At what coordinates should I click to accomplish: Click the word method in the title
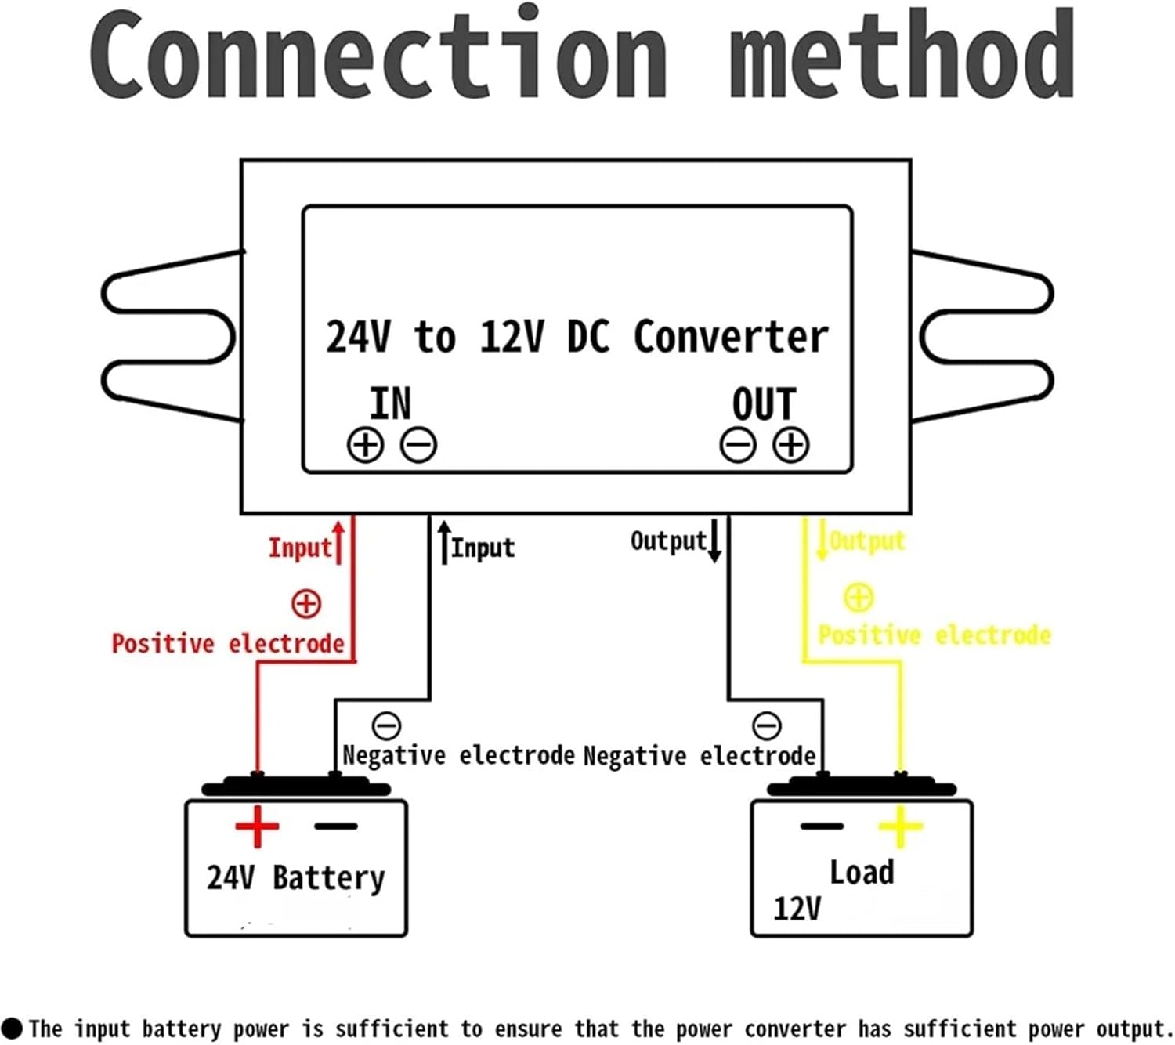[x=901, y=55]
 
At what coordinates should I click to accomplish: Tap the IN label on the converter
[x=390, y=403]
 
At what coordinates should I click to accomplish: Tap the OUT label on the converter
[x=764, y=404]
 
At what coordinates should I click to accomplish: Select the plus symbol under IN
[x=365, y=445]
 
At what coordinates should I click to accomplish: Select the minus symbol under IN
[x=418, y=445]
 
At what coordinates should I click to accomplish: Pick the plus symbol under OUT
[x=790, y=445]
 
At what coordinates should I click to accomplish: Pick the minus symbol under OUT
[x=737, y=445]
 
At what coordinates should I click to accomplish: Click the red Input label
[x=300, y=548]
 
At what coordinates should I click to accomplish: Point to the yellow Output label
[x=867, y=541]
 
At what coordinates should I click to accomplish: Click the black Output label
[x=668, y=541]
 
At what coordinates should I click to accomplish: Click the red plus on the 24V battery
[x=257, y=826]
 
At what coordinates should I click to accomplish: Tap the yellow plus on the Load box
[x=900, y=826]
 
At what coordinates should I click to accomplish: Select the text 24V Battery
[x=295, y=877]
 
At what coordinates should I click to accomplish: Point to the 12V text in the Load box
[x=797, y=909]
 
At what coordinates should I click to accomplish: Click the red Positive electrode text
[x=228, y=644]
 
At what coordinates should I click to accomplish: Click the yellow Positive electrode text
[x=934, y=635]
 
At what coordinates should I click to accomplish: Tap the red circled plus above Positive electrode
[x=305, y=603]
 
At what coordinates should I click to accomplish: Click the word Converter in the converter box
[x=730, y=337]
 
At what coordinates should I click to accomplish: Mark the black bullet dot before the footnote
[x=12, y=1028]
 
